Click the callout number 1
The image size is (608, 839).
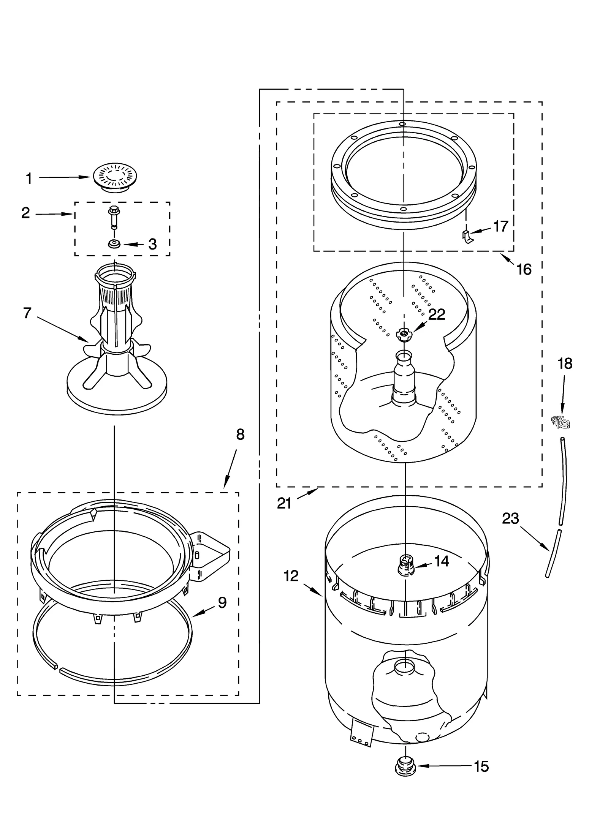(29, 179)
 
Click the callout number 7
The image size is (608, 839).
(27, 313)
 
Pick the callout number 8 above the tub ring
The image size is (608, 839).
(240, 434)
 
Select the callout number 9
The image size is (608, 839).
(222, 602)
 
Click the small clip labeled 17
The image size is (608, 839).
(467, 236)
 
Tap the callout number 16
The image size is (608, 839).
(524, 270)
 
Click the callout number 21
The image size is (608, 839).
(284, 504)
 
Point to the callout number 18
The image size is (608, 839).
(565, 363)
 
